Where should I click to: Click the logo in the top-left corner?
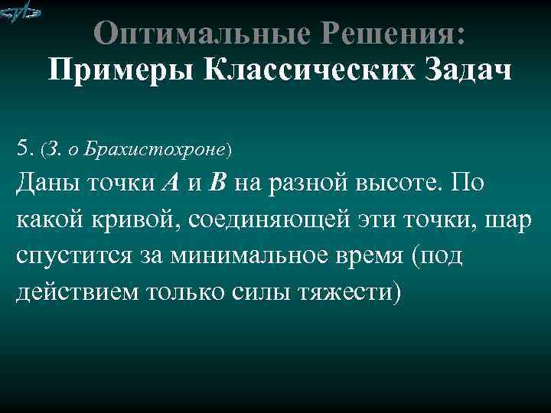(21, 13)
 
